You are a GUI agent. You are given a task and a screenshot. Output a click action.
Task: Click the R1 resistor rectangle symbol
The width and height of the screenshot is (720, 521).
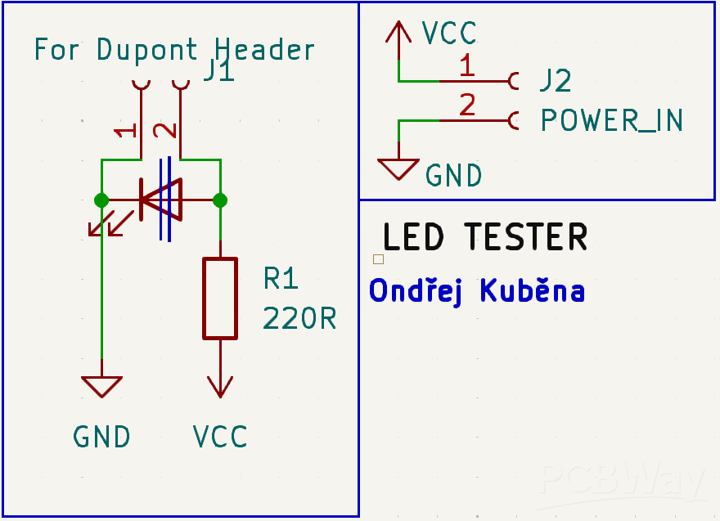coord(220,298)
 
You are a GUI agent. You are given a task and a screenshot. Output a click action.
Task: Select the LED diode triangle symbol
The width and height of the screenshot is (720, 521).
coord(160,200)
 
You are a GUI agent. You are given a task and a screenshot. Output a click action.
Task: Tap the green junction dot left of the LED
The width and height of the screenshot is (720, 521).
coord(101,200)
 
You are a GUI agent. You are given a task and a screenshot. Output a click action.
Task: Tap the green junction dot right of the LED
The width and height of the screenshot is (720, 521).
coord(219,200)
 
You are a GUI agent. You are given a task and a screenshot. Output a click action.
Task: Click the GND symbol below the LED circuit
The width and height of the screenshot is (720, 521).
coord(101,386)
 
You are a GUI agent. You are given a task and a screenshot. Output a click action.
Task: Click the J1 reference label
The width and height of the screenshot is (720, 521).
coord(218,72)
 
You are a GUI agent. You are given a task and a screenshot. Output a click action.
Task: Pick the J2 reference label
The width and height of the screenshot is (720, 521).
coord(555,81)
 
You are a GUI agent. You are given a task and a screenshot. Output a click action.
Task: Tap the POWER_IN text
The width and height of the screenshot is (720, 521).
coord(611,121)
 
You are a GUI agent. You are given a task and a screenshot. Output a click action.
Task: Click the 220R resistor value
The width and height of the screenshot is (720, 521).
coord(299,318)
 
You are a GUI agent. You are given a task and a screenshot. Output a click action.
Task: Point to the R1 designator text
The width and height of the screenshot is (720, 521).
coord(281,279)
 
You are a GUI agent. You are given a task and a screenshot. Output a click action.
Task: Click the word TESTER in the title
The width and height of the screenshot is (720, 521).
coord(525,237)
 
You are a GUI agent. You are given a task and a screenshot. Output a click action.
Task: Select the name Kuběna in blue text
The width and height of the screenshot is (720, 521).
coord(532,290)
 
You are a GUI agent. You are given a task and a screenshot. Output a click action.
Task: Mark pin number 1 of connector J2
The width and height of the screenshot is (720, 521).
coord(466,66)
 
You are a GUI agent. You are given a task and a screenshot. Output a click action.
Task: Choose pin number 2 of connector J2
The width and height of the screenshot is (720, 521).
coord(466,106)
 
